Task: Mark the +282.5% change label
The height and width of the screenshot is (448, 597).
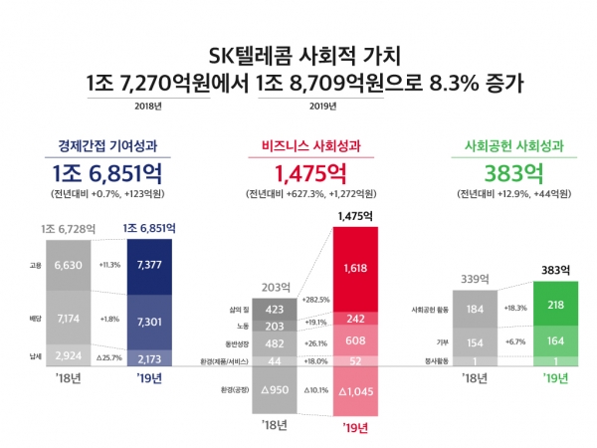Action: (x=315, y=298)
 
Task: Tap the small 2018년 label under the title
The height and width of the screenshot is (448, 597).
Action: (x=146, y=106)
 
